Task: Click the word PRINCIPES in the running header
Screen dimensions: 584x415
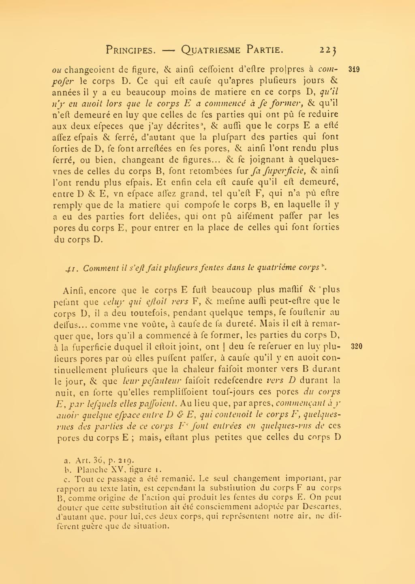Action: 130,50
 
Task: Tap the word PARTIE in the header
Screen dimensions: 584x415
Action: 265,50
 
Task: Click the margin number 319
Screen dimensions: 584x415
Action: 354,69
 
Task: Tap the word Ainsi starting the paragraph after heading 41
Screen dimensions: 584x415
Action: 75,291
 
